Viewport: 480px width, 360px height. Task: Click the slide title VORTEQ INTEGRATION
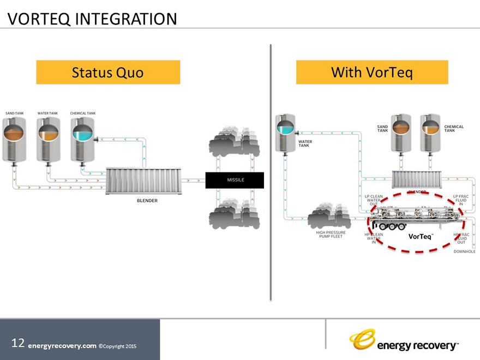point(92,19)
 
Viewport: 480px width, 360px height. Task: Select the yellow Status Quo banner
point(108,72)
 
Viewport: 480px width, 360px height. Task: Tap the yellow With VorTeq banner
point(372,72)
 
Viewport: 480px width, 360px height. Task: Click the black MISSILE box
point(235,180)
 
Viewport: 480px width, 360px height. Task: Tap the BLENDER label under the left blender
point(147,201)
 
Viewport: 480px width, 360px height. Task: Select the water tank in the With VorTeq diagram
point(285,134)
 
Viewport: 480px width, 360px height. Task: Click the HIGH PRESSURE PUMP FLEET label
point(331,236)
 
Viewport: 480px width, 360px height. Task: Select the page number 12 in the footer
point(18,343)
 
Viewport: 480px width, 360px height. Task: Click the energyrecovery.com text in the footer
point(62,346)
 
